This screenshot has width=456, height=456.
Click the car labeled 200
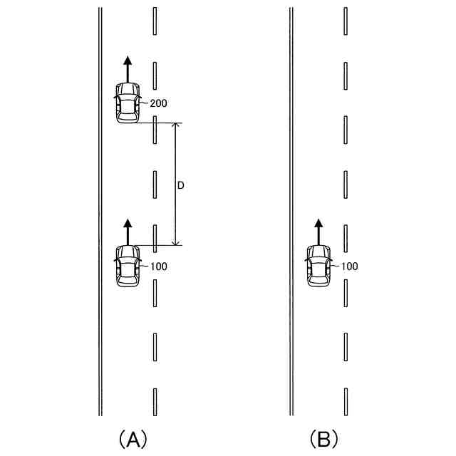(x=128, y=103)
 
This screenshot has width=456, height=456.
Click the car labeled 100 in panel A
(x=128, y=266)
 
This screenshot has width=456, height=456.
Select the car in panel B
(x=318, y=266)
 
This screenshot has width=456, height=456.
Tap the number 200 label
(x=158, y=103)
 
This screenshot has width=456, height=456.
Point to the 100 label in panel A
(x=158, y=266)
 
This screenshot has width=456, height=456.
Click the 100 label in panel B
(x=349, y=266)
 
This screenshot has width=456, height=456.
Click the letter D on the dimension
(x=181, y=185)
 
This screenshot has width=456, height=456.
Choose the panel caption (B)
(x=323, y=438)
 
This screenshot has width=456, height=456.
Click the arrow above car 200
(x=128, y=69)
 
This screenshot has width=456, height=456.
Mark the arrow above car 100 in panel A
(x=128, y=232)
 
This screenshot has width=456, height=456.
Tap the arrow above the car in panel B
(x=318, y=232)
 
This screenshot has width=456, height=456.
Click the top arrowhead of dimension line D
(x=177, y=126)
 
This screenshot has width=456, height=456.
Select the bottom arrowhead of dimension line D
(x=177, y=242)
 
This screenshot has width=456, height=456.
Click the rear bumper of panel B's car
(x=318, y=284)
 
